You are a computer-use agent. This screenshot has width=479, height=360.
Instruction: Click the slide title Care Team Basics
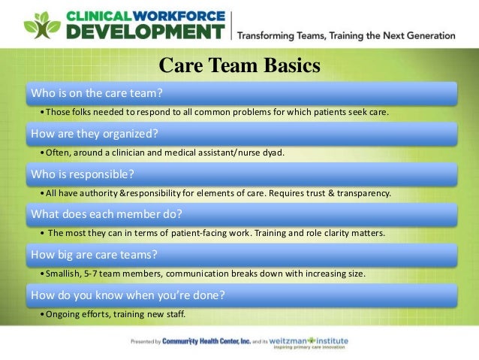(x=239, y=66)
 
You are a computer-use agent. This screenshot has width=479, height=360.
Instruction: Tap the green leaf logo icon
(x=41, y=26)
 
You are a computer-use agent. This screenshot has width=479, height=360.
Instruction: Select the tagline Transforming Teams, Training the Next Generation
(x=346, y=35)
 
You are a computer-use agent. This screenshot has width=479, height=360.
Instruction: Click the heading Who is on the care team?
(x=96, y=93)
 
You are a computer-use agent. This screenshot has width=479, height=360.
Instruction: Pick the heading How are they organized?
(x=94, y=134)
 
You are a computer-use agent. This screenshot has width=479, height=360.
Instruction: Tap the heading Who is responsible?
(x=82, y=174)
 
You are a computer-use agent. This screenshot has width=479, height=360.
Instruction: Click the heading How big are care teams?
(x=94, y=254)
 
